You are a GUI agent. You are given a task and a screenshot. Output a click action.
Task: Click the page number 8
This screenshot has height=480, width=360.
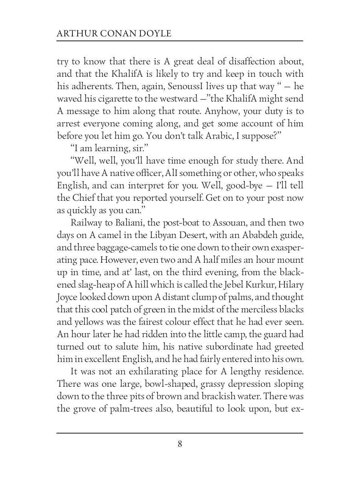tap(180, 444)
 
